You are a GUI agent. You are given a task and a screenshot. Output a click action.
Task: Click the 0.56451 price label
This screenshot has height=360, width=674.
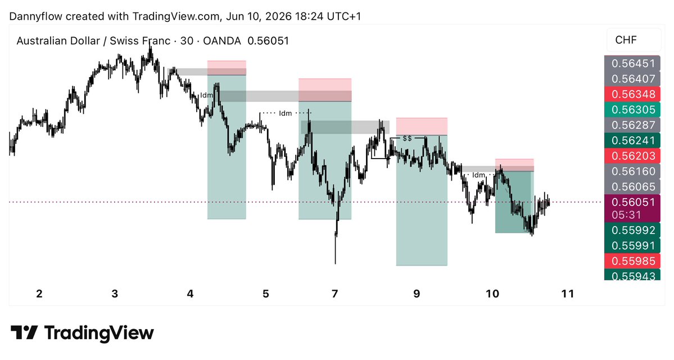[632, 63]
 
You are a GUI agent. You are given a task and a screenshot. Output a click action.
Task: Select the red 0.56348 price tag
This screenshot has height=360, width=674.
[632, 94]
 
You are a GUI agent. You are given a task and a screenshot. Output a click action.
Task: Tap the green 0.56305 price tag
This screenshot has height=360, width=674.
[632, 110]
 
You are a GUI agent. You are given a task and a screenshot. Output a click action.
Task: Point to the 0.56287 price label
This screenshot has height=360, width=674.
[632, 125]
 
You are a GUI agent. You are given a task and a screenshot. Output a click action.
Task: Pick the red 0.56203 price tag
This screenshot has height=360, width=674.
[632, 156]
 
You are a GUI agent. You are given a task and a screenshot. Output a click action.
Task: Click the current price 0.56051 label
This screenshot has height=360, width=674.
[633, 202]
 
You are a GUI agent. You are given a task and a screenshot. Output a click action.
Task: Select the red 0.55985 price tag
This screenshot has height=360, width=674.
[632, 260]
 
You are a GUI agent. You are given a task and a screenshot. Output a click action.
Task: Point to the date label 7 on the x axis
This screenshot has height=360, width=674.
[335, 294]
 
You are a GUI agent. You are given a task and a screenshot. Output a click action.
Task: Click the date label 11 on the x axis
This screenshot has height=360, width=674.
[568, 294]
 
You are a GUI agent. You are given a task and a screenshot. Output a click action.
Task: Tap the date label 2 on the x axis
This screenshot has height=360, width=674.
[39, 294]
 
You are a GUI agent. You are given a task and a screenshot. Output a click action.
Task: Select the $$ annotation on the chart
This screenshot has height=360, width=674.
[407, 138]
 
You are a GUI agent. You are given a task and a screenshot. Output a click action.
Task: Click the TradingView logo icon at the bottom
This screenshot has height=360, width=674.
[24, 333]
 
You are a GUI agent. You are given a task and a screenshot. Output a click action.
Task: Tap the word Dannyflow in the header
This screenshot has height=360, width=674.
[35, 16]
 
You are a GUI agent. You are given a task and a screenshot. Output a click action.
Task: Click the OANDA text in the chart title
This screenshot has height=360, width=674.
[222, 41]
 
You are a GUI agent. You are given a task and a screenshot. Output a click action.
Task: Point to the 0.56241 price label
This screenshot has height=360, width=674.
[632, 141]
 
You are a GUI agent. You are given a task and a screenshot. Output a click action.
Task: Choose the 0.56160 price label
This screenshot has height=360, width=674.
[632, 171]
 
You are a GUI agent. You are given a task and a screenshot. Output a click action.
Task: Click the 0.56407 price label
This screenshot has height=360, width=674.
[632, 79]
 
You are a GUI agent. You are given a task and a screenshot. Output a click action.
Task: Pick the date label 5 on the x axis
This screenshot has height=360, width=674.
[266, 294]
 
